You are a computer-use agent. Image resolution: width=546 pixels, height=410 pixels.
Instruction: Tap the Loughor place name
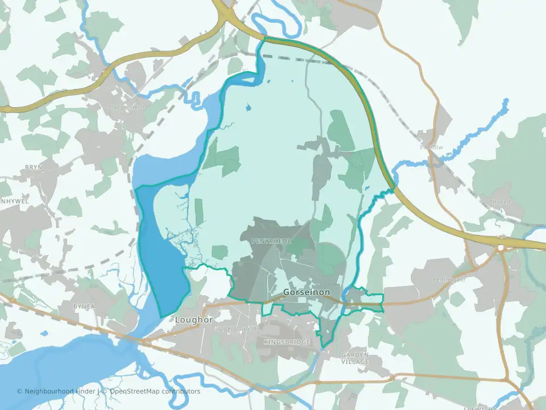194,319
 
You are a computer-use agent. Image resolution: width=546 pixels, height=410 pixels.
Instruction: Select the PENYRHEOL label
271,241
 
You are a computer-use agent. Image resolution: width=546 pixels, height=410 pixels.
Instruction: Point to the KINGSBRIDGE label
287,342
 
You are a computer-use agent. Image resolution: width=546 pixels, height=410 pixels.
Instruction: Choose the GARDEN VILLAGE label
355,358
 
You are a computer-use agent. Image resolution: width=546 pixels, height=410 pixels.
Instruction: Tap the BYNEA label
84,306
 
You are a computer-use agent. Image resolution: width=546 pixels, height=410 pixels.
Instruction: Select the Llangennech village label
126,106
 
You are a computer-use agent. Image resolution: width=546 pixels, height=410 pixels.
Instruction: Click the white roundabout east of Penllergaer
501,248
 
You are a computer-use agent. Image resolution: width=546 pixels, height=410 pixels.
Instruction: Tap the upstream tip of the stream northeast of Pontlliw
505,101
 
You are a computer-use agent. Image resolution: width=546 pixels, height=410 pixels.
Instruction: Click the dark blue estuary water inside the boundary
162,256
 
